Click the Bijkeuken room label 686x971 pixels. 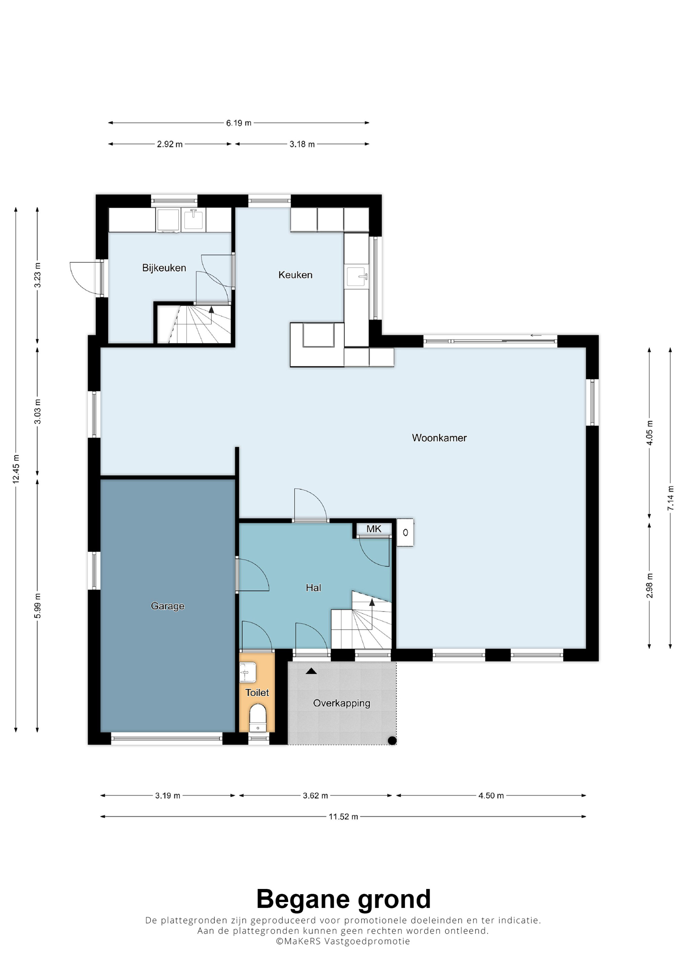pyautogui.click(x=164, y=268)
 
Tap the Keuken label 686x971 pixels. pyautogui.click(x=295, y=275)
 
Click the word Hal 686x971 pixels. pyautogui.click(x=314, y=587)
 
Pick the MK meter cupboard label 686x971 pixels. pyautogui.click(x=374, y=529)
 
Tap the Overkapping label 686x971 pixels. pyautogui.click(x=342, y=703)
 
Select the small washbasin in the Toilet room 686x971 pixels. pyautogui.click(x=248, y=672)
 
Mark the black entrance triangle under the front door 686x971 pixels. pyautogui.click(x=311, y=671)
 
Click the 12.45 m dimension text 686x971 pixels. pyautogui.click(x=16, y=469)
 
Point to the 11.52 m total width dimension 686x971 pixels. pyautogui.click(x=343, y=817)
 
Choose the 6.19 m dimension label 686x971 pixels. pyautogui.click(x=238, y=123)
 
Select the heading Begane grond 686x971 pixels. pyautogui.click(x=343, y=900)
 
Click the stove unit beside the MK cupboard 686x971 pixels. pyautogui.click(x=405, y=533)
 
